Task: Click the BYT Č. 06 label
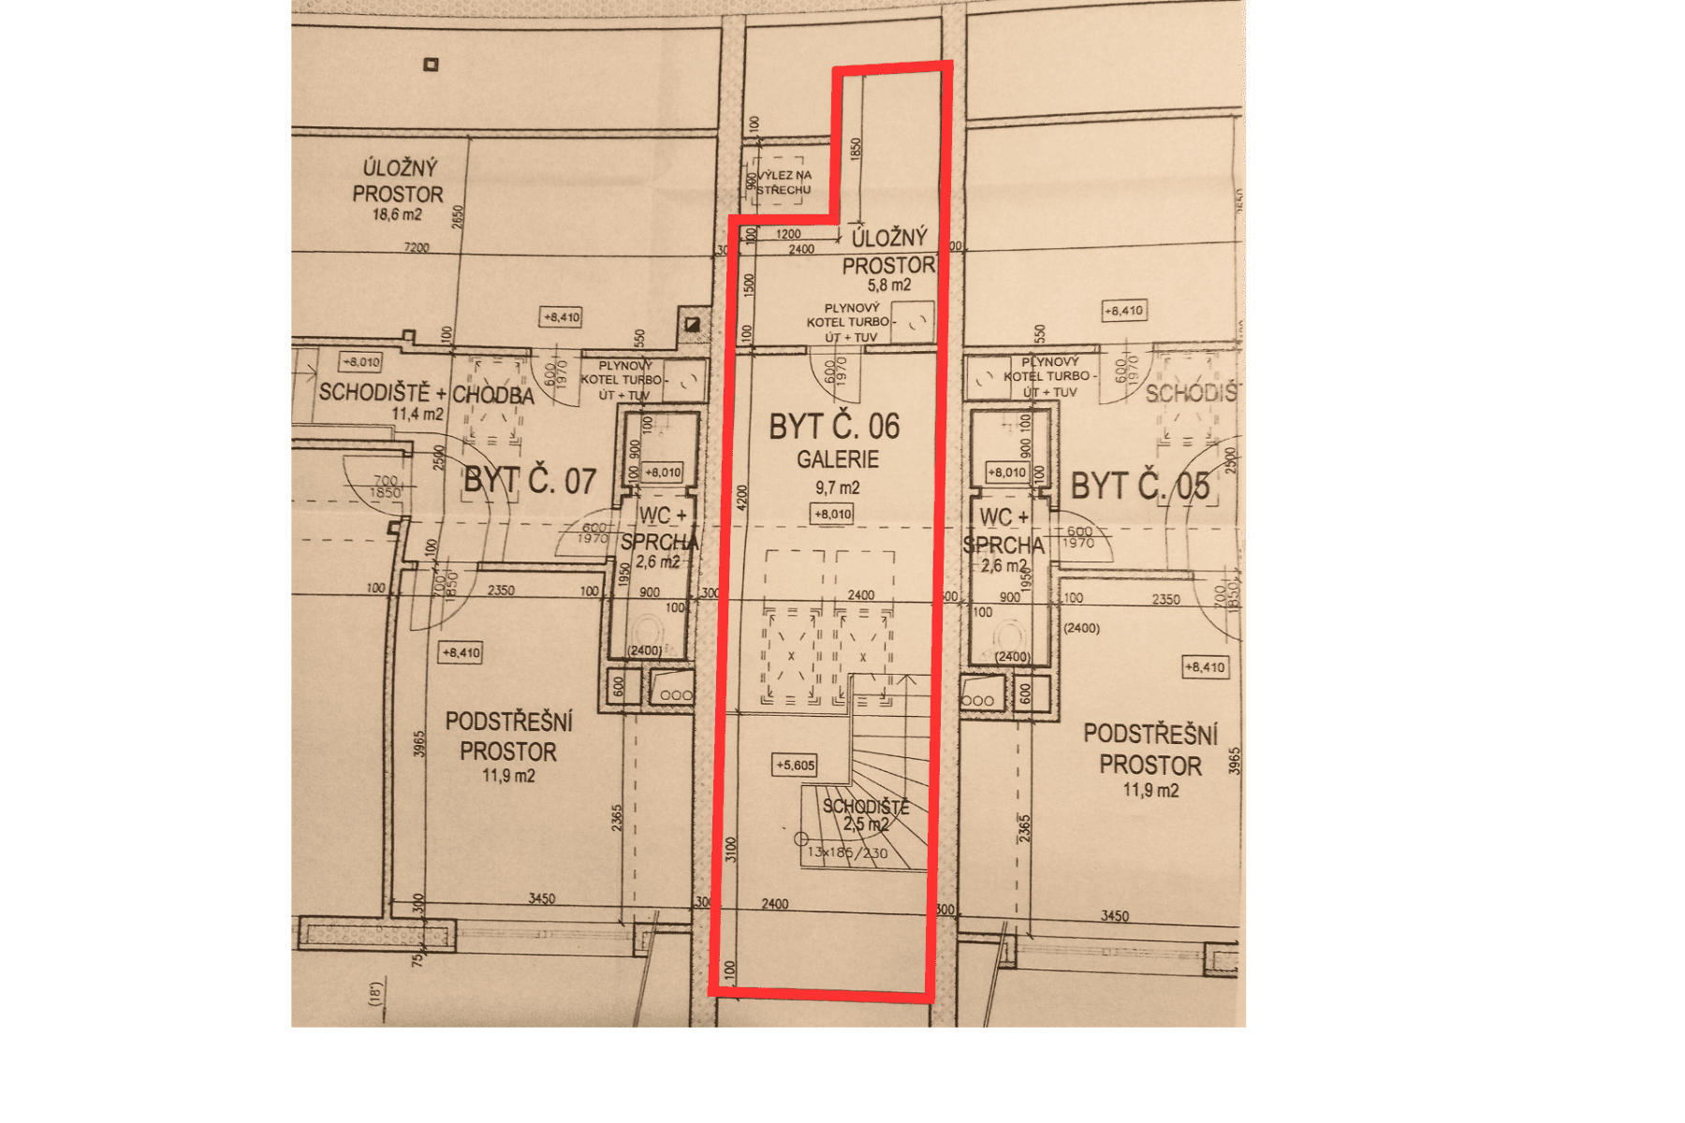click(834, 427)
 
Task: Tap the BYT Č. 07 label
click(530, 481)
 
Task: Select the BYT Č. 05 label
click(1139, 487)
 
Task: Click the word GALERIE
click(838, 459)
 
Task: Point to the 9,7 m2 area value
click(837, 488)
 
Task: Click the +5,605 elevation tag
click(795, 766)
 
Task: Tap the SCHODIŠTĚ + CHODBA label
click(426, 393)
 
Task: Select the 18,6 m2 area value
click(397, 215)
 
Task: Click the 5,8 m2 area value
click(888, 285)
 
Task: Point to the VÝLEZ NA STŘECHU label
click(784, 182)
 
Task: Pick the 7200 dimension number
click(417, 248)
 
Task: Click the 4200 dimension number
click(742, 497)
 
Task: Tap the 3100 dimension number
click(731, 849)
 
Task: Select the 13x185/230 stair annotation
click(847, 853)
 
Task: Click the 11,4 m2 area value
click(418, 415)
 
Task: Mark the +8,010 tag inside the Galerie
click(832, 514)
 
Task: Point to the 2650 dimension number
click(458, 216)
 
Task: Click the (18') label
click(375, 994)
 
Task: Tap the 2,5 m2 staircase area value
click(866, 824)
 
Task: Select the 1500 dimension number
click(749, 284)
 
